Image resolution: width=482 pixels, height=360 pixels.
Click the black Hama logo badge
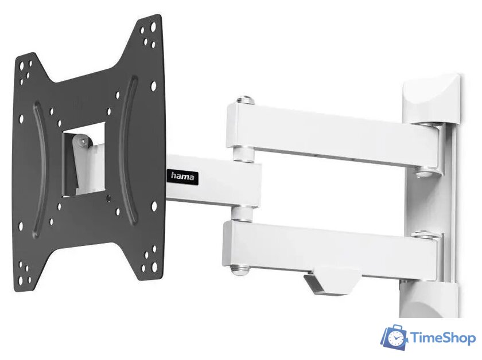coord(182,177)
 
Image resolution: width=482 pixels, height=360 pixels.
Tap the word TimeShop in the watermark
coord(443,338)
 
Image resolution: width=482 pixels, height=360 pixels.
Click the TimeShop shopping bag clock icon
coord(395,337)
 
